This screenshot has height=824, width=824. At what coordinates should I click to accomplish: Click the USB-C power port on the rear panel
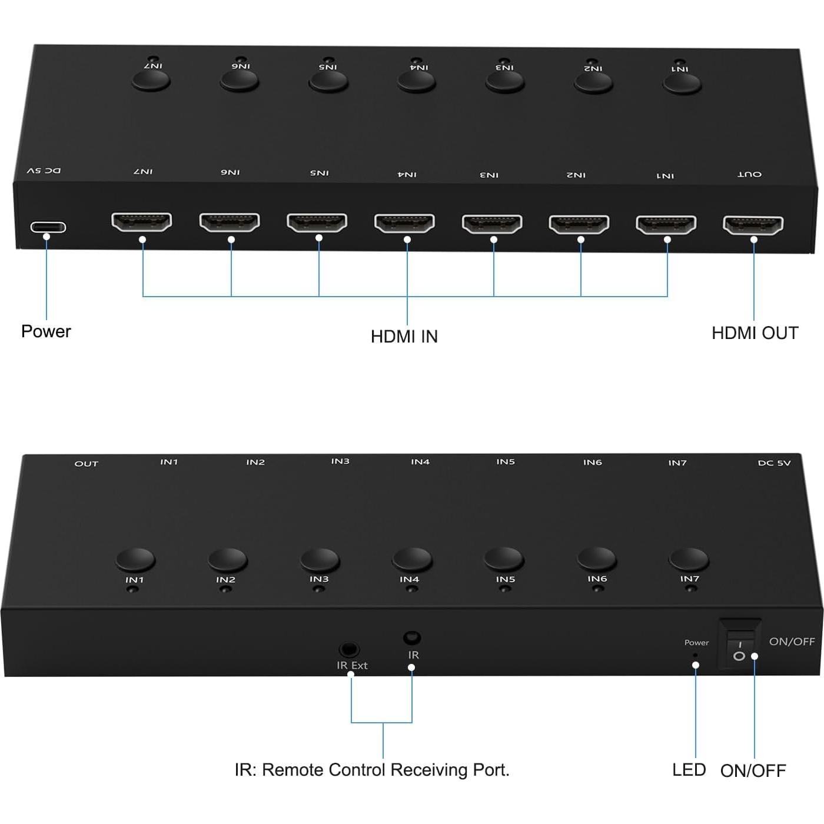(x=48, y=227)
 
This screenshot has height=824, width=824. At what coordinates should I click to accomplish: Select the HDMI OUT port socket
(x=753, y=224)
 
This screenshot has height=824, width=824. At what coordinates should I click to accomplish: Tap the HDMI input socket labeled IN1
(x=666, y=224)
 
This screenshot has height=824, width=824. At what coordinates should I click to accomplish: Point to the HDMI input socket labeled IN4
(x=404, y=222)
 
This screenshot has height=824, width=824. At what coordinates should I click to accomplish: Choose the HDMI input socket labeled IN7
(x=141, y=221)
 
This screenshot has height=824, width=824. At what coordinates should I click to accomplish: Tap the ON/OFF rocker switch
(x=739, y=644)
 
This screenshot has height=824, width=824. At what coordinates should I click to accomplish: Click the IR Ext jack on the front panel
(x=350, y=650)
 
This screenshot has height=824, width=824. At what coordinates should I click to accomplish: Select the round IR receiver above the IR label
(x=411, y=638)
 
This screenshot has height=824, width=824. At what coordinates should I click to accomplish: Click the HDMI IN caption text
(x=404, y=336)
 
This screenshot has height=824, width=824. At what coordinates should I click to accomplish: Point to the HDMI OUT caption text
(x=755, y=333)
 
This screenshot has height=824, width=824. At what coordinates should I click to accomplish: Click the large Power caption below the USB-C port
(x=46, y=331)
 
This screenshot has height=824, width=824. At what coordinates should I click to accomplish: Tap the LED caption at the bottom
(x=689, y=770)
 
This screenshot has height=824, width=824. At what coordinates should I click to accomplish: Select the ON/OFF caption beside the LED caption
(x=753, y=770)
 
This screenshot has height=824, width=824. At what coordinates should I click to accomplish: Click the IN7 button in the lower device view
(x=689, y=559)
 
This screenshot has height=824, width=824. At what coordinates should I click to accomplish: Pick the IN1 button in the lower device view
(x=136, y=559)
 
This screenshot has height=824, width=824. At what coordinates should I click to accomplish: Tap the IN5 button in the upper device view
(x=328, y=81)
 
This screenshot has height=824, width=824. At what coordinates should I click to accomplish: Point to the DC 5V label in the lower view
(x=774, y=463)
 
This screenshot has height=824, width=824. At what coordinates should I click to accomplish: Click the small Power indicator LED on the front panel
(x=695, y=654)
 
